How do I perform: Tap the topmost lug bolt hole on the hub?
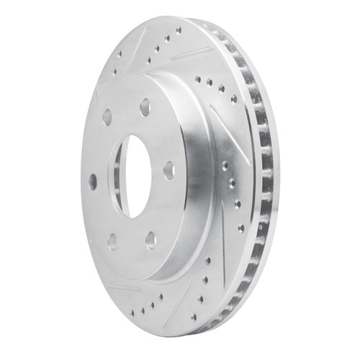click(x=145, y=105)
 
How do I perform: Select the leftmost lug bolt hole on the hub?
click(x=92, y=181)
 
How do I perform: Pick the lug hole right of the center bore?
click(x=168, y=170)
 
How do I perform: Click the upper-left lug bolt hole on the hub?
click(x=107, y=117)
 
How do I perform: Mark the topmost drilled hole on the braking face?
click(x=178, y=30)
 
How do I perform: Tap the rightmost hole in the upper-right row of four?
click(x=233, y=98)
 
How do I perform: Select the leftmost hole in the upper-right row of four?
click(x=197, y=80)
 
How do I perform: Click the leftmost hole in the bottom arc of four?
click(x=141, y=312)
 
